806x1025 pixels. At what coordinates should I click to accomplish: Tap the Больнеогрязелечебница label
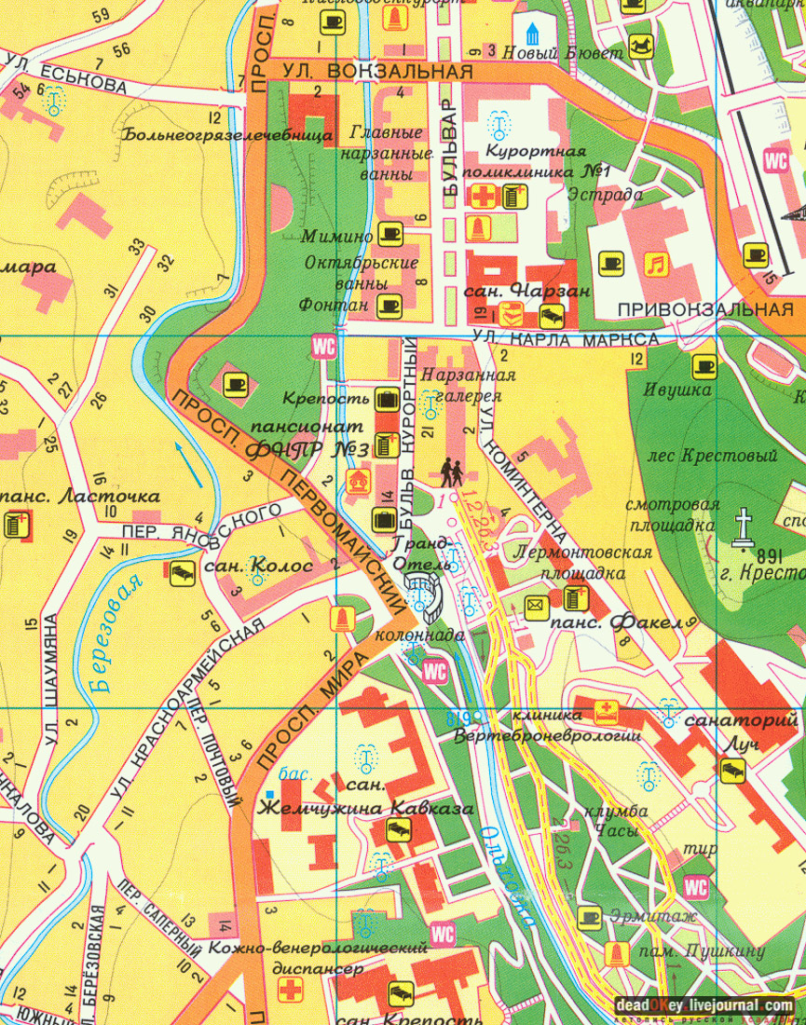click(226, 134)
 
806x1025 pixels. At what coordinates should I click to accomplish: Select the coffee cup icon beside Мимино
click(389, 235)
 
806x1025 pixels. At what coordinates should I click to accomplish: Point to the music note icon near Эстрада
click(656, 264)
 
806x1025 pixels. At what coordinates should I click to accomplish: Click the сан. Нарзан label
click(527, 292)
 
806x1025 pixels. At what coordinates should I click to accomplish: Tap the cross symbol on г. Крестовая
click(743, 525)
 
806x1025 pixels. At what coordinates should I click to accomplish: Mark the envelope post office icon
click(536, 605)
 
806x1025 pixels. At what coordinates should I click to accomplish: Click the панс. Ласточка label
click(84, 497)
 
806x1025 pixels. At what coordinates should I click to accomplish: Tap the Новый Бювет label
click(562, 54)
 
